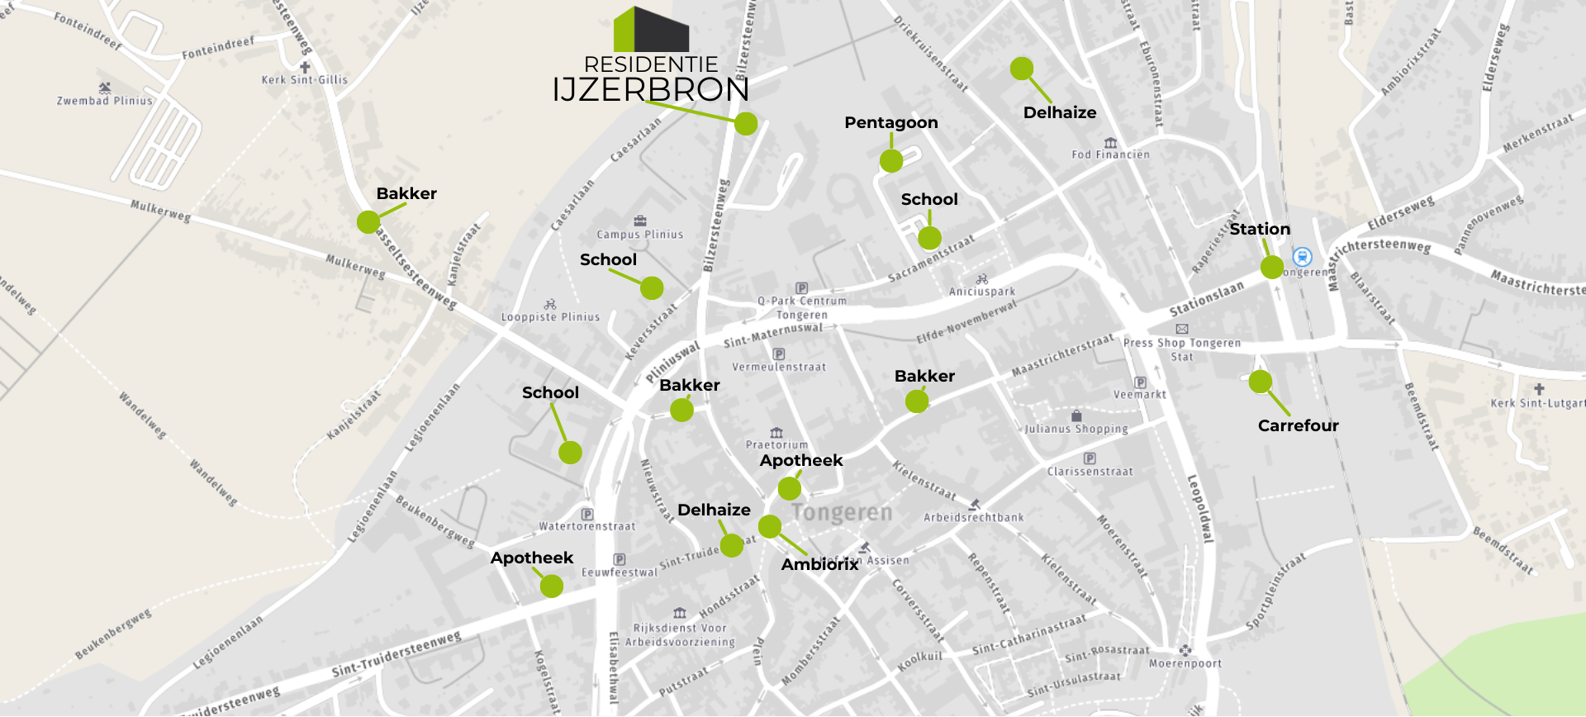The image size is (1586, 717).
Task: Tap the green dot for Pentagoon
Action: point(891,161)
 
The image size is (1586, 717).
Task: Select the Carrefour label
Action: point(1298,425)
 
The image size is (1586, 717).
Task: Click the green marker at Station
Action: point(1272,267)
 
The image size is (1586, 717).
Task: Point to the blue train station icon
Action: point(1303,257)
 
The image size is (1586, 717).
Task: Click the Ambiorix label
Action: point(819,564)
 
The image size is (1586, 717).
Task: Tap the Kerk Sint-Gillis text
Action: point(305,80)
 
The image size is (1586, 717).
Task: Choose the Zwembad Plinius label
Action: point(105,101)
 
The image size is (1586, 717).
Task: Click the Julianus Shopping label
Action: point(1076,429)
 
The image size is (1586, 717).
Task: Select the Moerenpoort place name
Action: point(1185,663)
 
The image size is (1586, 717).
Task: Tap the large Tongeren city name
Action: point(843,513)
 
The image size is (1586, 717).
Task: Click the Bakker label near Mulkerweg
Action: point(406,193)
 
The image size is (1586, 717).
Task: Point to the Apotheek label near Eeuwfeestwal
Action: point(532,558)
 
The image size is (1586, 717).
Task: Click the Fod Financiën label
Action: point(1110,154)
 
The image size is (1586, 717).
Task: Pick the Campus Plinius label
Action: point(640,235)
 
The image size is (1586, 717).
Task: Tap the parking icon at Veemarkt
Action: point(1141,382)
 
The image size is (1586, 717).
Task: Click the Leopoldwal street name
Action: point(1199,508)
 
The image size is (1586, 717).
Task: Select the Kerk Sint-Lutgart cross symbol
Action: point(1539,389)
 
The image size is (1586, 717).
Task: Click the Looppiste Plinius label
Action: point(550,317)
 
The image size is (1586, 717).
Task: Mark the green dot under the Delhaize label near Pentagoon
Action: point(1022,69)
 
